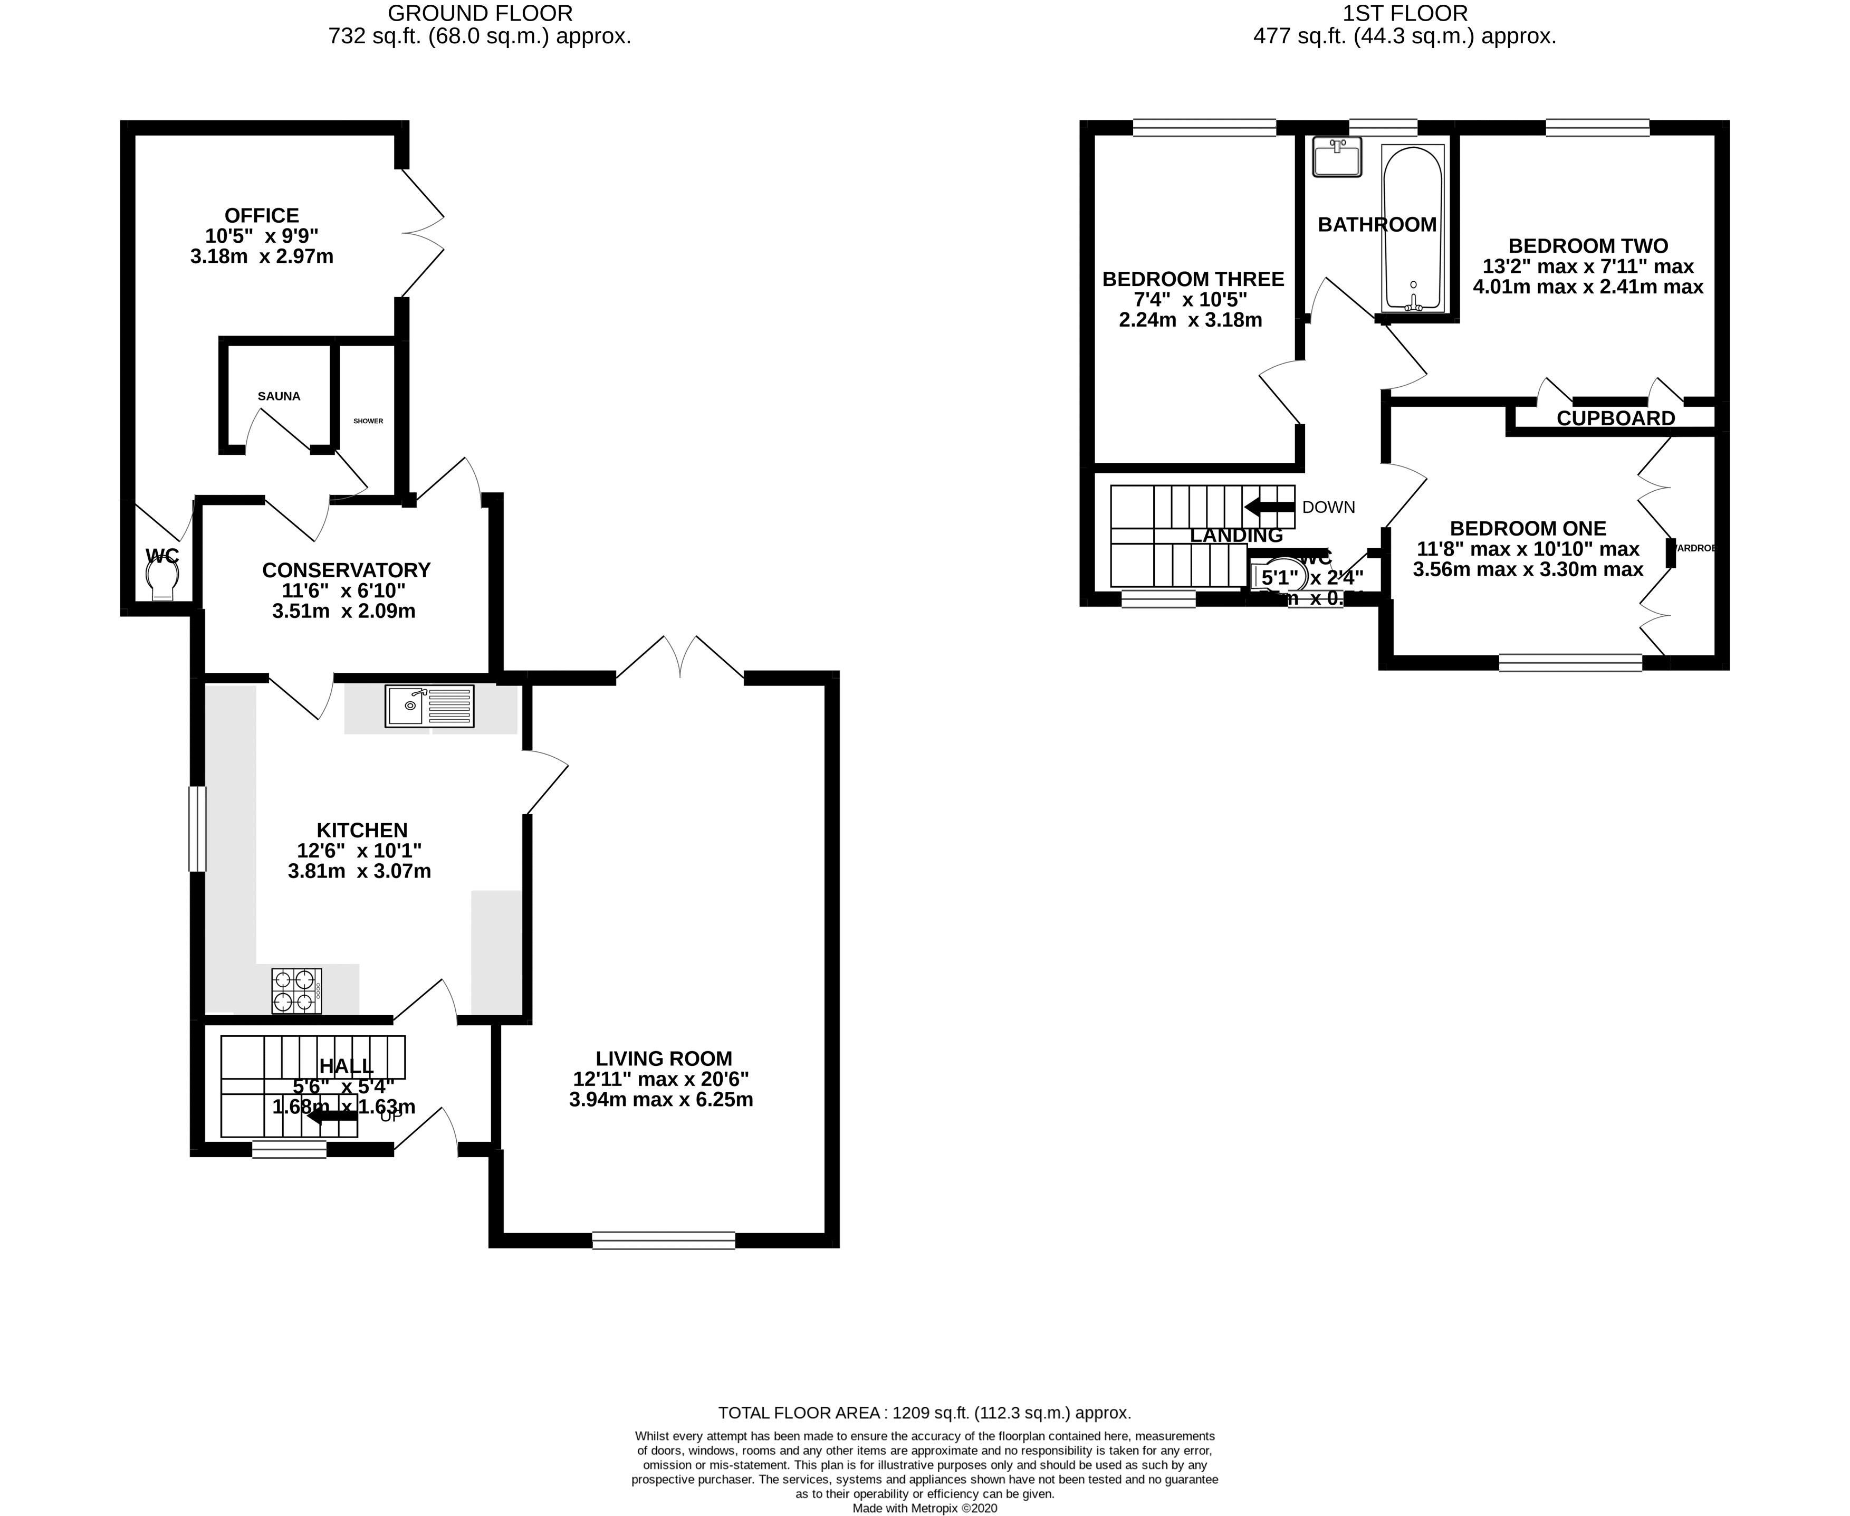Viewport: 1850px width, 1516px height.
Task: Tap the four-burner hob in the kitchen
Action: point(296,991)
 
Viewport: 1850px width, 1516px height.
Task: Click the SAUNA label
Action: point(279,396)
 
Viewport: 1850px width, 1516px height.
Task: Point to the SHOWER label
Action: point(368,421)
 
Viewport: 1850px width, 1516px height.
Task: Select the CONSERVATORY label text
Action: point(346,569)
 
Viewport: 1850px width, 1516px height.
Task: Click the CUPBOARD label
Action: point(1615,418)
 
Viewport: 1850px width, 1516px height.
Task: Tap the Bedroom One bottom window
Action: point(1570,663)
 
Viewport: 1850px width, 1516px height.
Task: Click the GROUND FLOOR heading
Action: point(480,13)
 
